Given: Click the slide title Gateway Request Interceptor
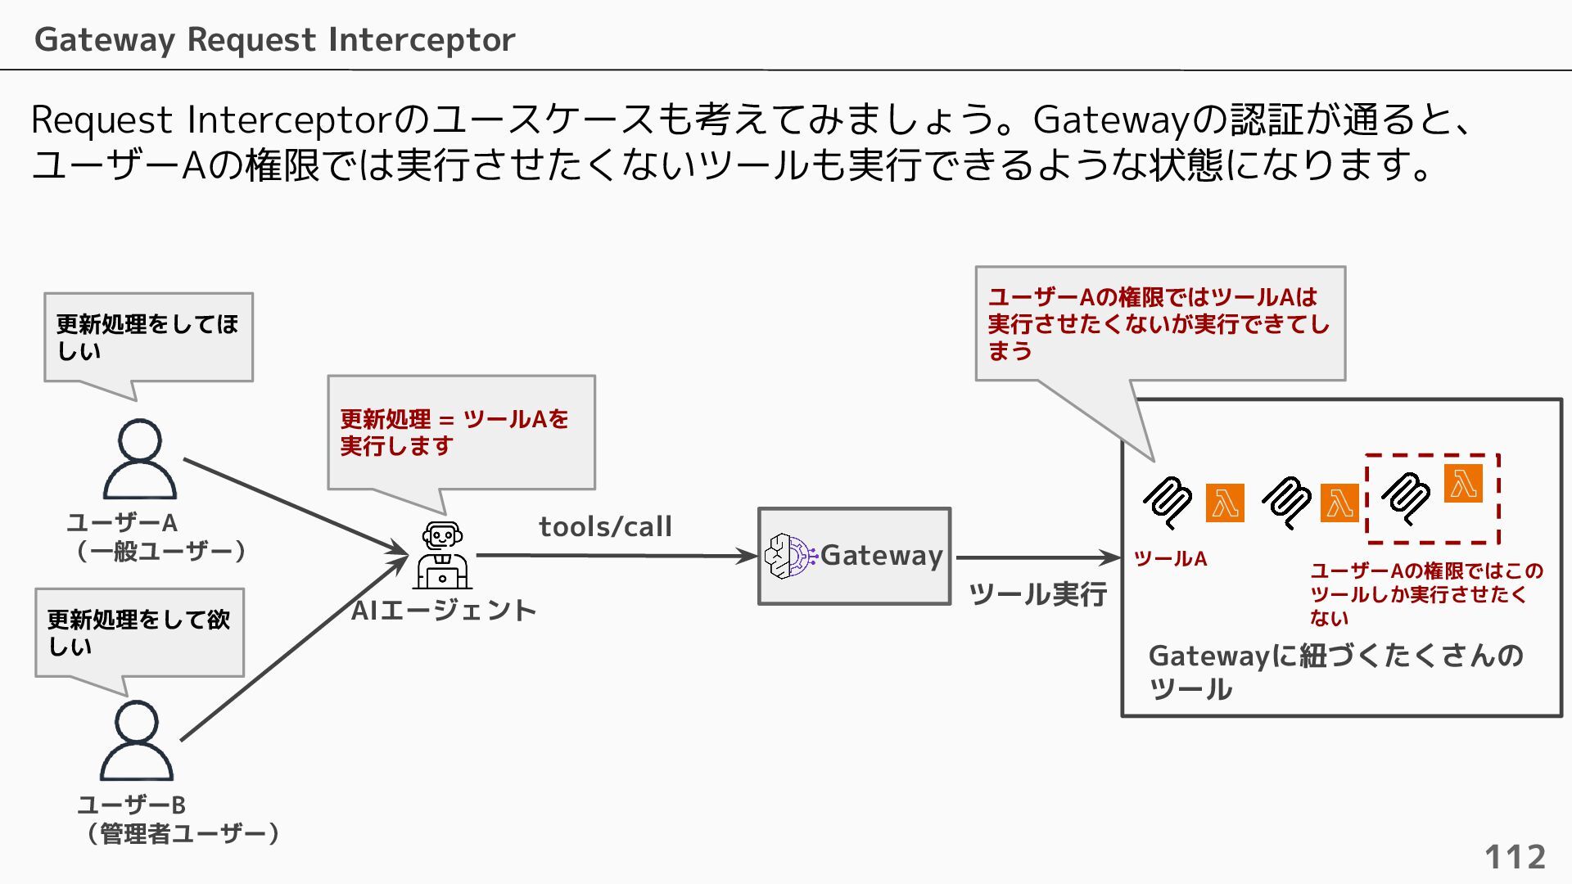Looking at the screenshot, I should pos(274,39).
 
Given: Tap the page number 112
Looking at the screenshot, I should pos(1515,857).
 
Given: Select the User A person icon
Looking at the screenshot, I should pos(140,459).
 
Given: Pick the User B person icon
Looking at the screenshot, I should pos(137,741).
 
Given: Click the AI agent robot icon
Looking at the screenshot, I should pos(442,556).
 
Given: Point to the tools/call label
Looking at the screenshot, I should pos(605,526).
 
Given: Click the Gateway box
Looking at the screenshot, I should pos(854,557).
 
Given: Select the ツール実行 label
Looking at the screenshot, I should pos(1037,593).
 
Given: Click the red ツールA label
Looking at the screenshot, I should pos(1170,559).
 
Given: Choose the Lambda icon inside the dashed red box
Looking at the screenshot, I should pos(1463,483).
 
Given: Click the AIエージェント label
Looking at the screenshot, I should pos(443,611).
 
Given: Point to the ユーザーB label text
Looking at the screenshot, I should pos(132,805).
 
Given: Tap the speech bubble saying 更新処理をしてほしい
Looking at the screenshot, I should pos(148,337).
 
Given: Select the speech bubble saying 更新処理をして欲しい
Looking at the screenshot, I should pos(139,633).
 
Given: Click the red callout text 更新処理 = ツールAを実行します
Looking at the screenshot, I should pos(454,432).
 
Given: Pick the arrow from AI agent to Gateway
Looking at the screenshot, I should pos(614,556).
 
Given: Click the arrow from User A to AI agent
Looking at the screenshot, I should pos(295,507).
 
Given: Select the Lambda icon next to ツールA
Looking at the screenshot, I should pos(1225,503).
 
